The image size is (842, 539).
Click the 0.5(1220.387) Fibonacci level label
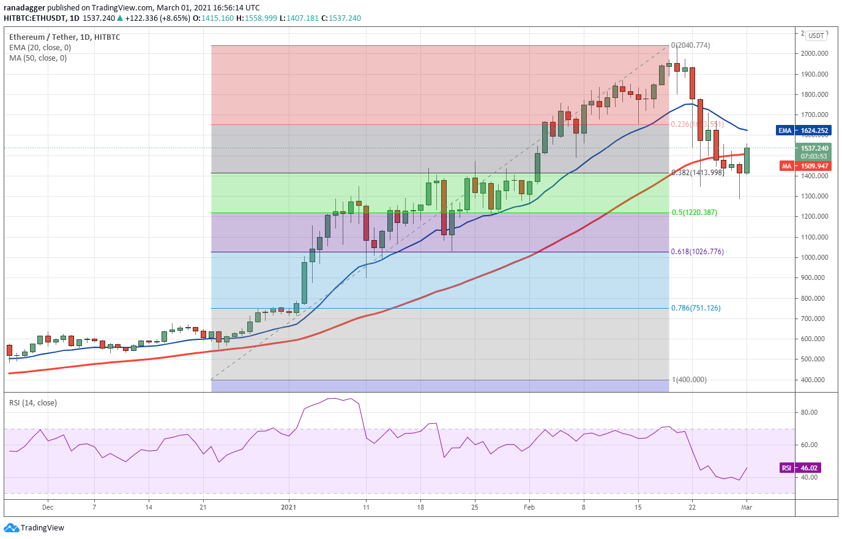click(x=694, y=213)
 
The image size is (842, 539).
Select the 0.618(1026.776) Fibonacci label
click(x=697, y=252)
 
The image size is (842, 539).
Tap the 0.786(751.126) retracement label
click(x=696, y=308)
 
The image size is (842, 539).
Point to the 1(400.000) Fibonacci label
click(x=689, y=380)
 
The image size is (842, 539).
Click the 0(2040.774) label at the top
click(x=690, y=45)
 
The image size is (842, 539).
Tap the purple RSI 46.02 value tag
click(x=799, y=468)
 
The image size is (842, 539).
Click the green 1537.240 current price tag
click(x=814, y=148)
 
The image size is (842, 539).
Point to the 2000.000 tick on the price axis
click(x=814, y=54)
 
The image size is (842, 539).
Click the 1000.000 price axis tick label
click(x=814, y=258)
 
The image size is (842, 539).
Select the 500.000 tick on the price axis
click(x=814, y=360)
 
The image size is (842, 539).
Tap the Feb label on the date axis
click(x=529, y=507)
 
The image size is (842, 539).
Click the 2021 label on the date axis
click(x=288, y=507)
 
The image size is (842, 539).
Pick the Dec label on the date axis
click(x=48, y=507)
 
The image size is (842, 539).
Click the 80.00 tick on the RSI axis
click(x=809, y=412)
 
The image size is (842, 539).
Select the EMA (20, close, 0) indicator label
click(x=40, y=48)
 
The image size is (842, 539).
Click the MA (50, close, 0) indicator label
click(x=38, y=58)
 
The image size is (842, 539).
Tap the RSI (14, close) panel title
click(x=33, y=403)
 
